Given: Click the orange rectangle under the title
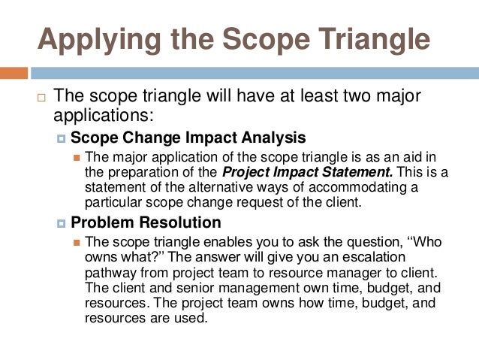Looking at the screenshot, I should (x=14, y=74).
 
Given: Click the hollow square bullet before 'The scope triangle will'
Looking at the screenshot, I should (x=42, y=98).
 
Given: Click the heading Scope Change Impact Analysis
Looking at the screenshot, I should (x=188, y=138).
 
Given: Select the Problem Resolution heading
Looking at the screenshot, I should (x=146, y=222).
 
